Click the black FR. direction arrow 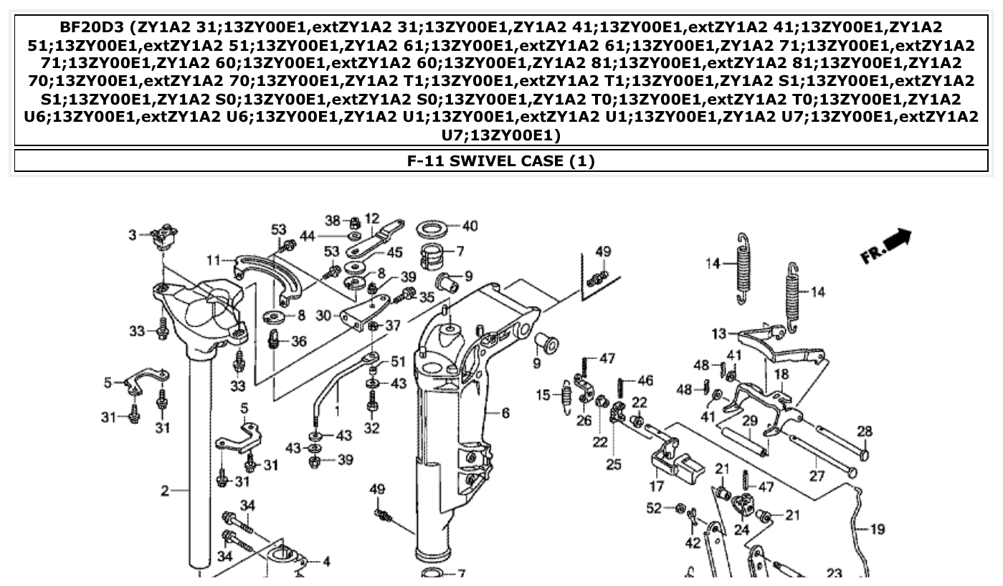pyautogui.click(x=889, y=246)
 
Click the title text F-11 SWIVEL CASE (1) pyautogui.click(x=501, y=161)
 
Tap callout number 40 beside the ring pyautogui.click(x=470, y=226)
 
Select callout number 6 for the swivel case pyautogui.click(x=505, y=413)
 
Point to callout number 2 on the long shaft pyautogui.click(x=164, y=491)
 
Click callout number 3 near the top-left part pyautogui.click(x=132, y=234)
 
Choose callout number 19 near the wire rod pyautogui.click(x=878, y=530)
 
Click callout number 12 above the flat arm pyautogui.click(x=372, y=218)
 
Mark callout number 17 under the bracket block pyautogui.click(x=657, y=487)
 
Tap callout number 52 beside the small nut pyautogui.click(x=653, y=508)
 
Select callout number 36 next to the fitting pyautogui.click(x=299, y=342)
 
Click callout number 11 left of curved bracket pyautogui.click(x=214, y=259)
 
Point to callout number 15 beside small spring pyautogui.click(x=544, y=394)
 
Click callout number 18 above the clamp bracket pyautogui.click(x=781, y=375)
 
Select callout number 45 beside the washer pyautogui.click(x=394, y=252)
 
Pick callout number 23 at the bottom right pyautogui.click(x=834, y=573)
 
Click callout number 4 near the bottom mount pyautogui.click(x=326, y=562)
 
